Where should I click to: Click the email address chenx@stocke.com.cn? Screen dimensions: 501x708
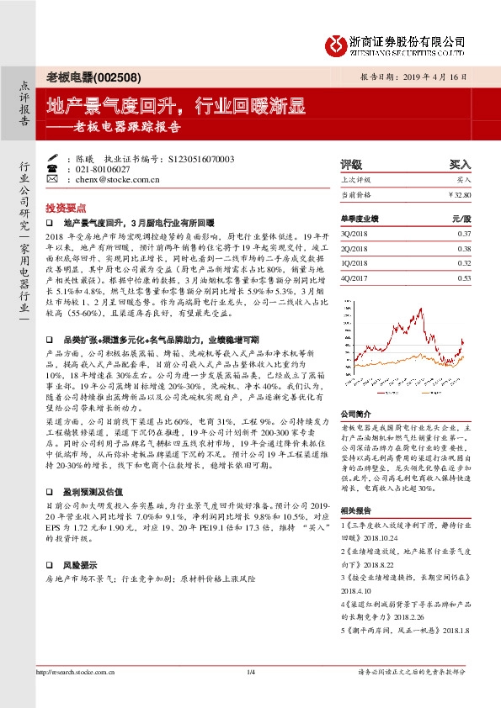(x=118, y=179)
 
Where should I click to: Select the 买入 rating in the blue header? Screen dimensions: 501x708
(x=460, y=165)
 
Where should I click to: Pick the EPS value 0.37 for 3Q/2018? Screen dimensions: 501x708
(x=464, y=232)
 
